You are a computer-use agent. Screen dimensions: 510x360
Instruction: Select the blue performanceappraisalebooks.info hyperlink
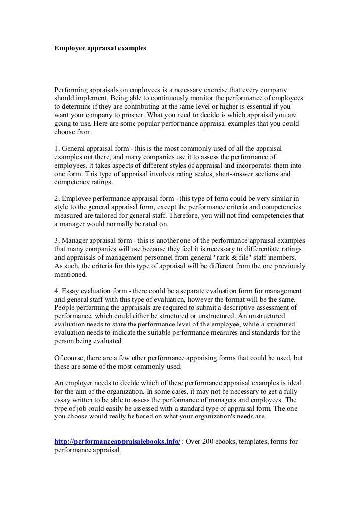(117, 441)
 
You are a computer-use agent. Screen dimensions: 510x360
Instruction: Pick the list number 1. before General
(57, 149)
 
